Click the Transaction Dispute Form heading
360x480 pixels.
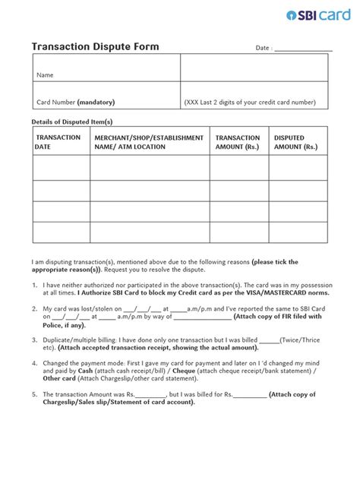point(95,47)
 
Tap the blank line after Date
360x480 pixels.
point(303,49)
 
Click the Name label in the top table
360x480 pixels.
point(46,76)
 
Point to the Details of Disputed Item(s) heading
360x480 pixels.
point(71,121)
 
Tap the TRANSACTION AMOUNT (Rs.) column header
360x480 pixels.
point(238,142)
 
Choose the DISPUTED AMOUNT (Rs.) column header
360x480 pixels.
point(295,142)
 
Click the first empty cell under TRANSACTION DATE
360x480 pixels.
point(58,167)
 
